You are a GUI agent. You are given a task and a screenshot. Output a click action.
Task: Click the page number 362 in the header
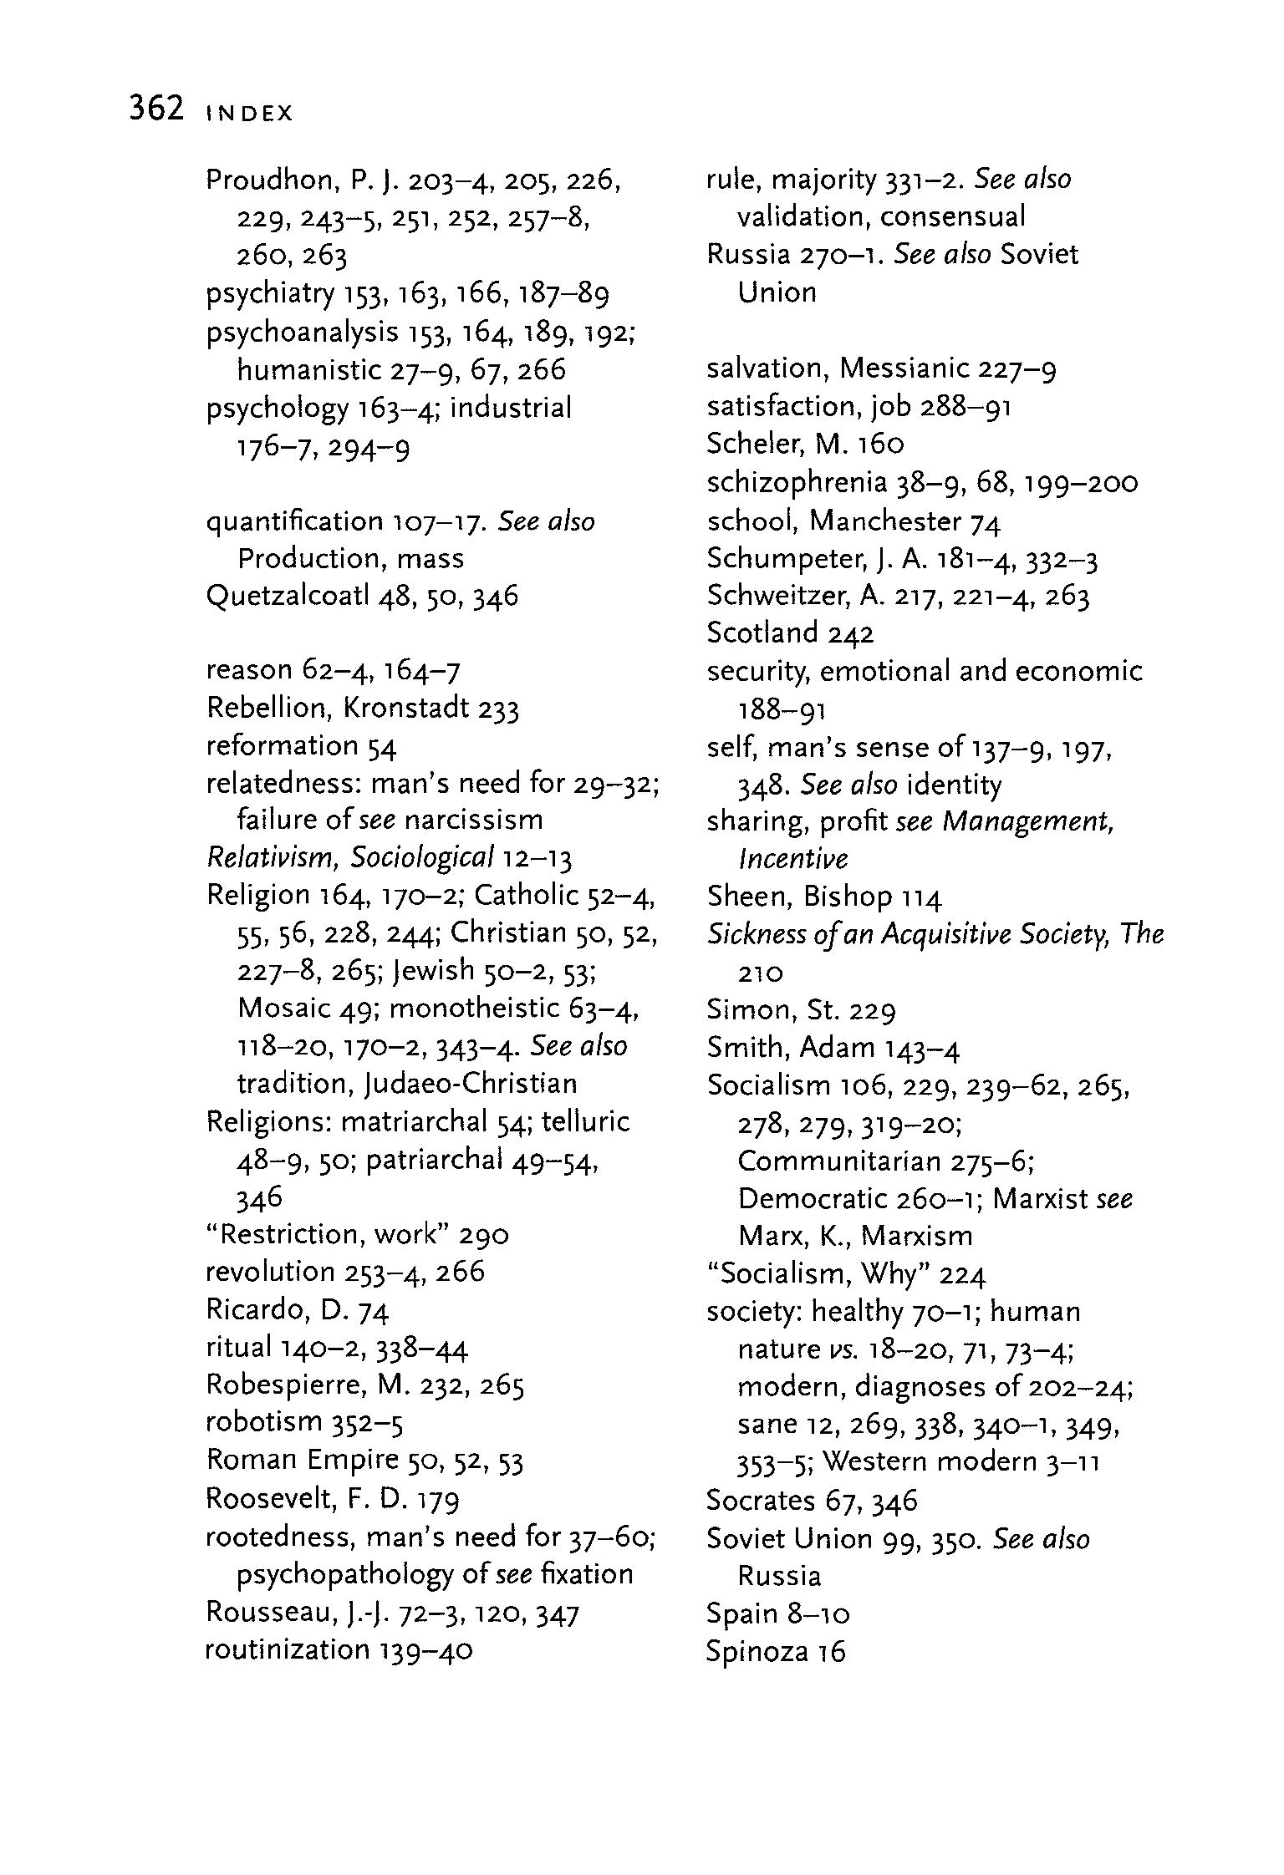tap(156, 109)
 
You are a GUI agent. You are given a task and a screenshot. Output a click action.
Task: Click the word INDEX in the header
tap(249, 114)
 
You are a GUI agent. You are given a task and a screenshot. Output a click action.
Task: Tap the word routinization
tap(287, 1649)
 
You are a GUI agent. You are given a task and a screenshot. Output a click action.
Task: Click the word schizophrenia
tap(796, 483)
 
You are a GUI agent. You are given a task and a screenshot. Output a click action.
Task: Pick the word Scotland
tap(762, 633)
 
